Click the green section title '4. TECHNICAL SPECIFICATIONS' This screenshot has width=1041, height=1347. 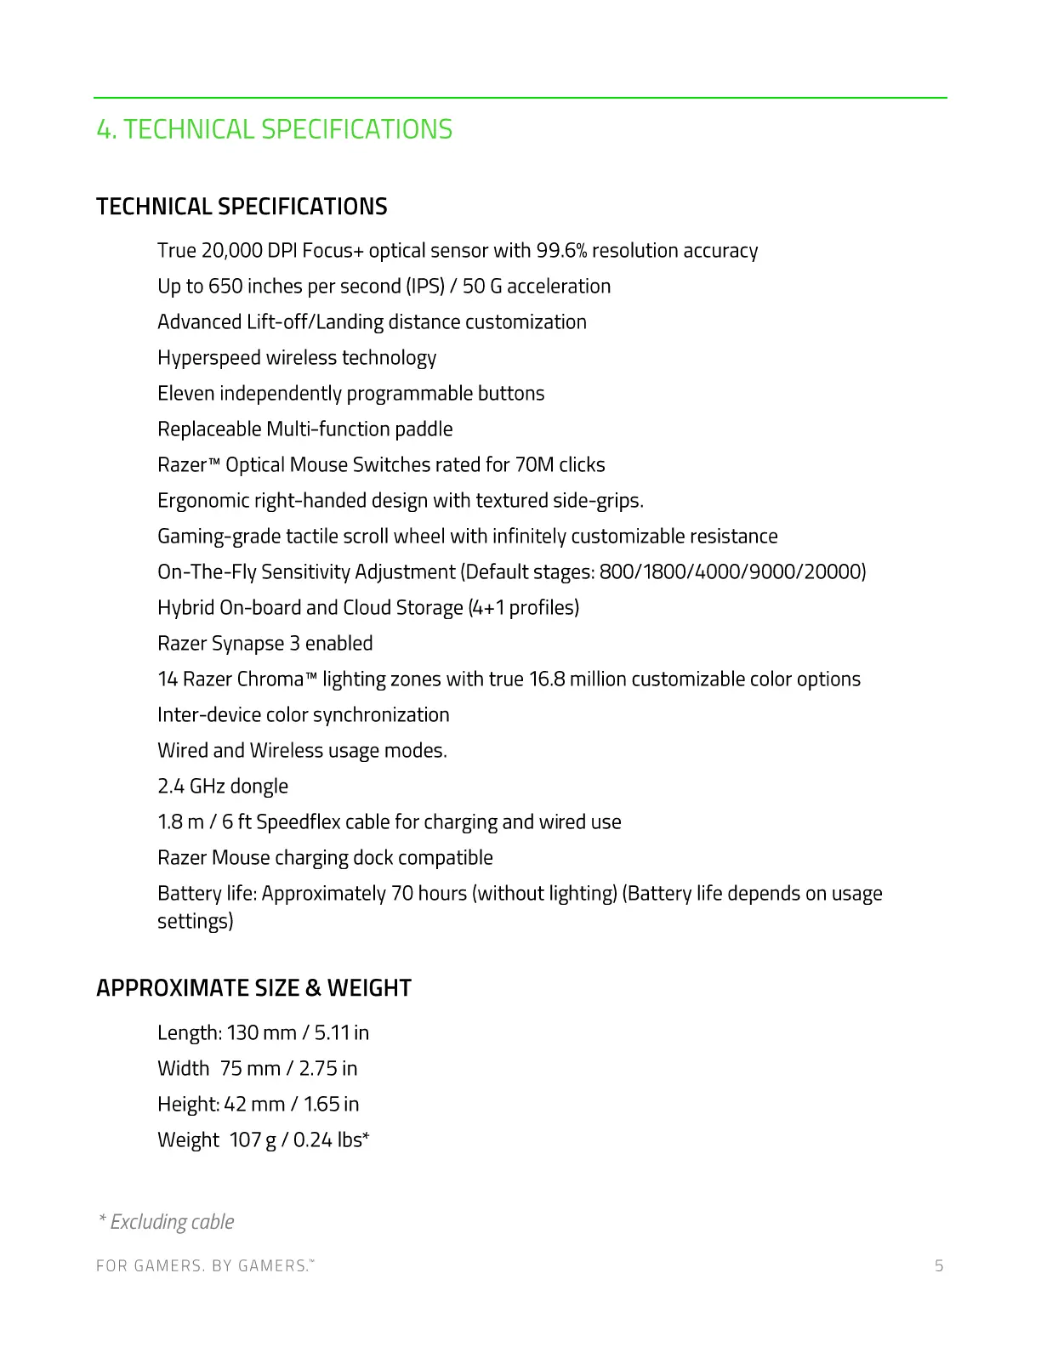point(274,129)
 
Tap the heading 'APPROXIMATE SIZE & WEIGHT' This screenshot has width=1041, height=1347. point(253,988)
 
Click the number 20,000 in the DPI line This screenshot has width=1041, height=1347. point(231,251)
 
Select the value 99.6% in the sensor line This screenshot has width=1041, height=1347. point(561,251)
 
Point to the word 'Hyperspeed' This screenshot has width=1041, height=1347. point(209,358)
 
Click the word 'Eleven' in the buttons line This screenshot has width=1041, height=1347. point(185,394)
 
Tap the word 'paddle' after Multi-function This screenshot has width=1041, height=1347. point(424,429)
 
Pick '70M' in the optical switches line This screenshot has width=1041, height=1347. point(534,465)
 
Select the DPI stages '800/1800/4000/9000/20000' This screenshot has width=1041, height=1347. point(732,572)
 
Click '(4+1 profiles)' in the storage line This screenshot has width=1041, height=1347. point(524,608)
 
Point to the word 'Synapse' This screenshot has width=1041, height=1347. point(252,644)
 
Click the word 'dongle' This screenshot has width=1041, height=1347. point(259,787)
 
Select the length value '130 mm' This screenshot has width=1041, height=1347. point(261,1033)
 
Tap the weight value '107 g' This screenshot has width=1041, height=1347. point(253,1140)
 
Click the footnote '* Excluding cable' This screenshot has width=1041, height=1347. point(166,1222)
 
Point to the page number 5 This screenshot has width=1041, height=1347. point(939,1266)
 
